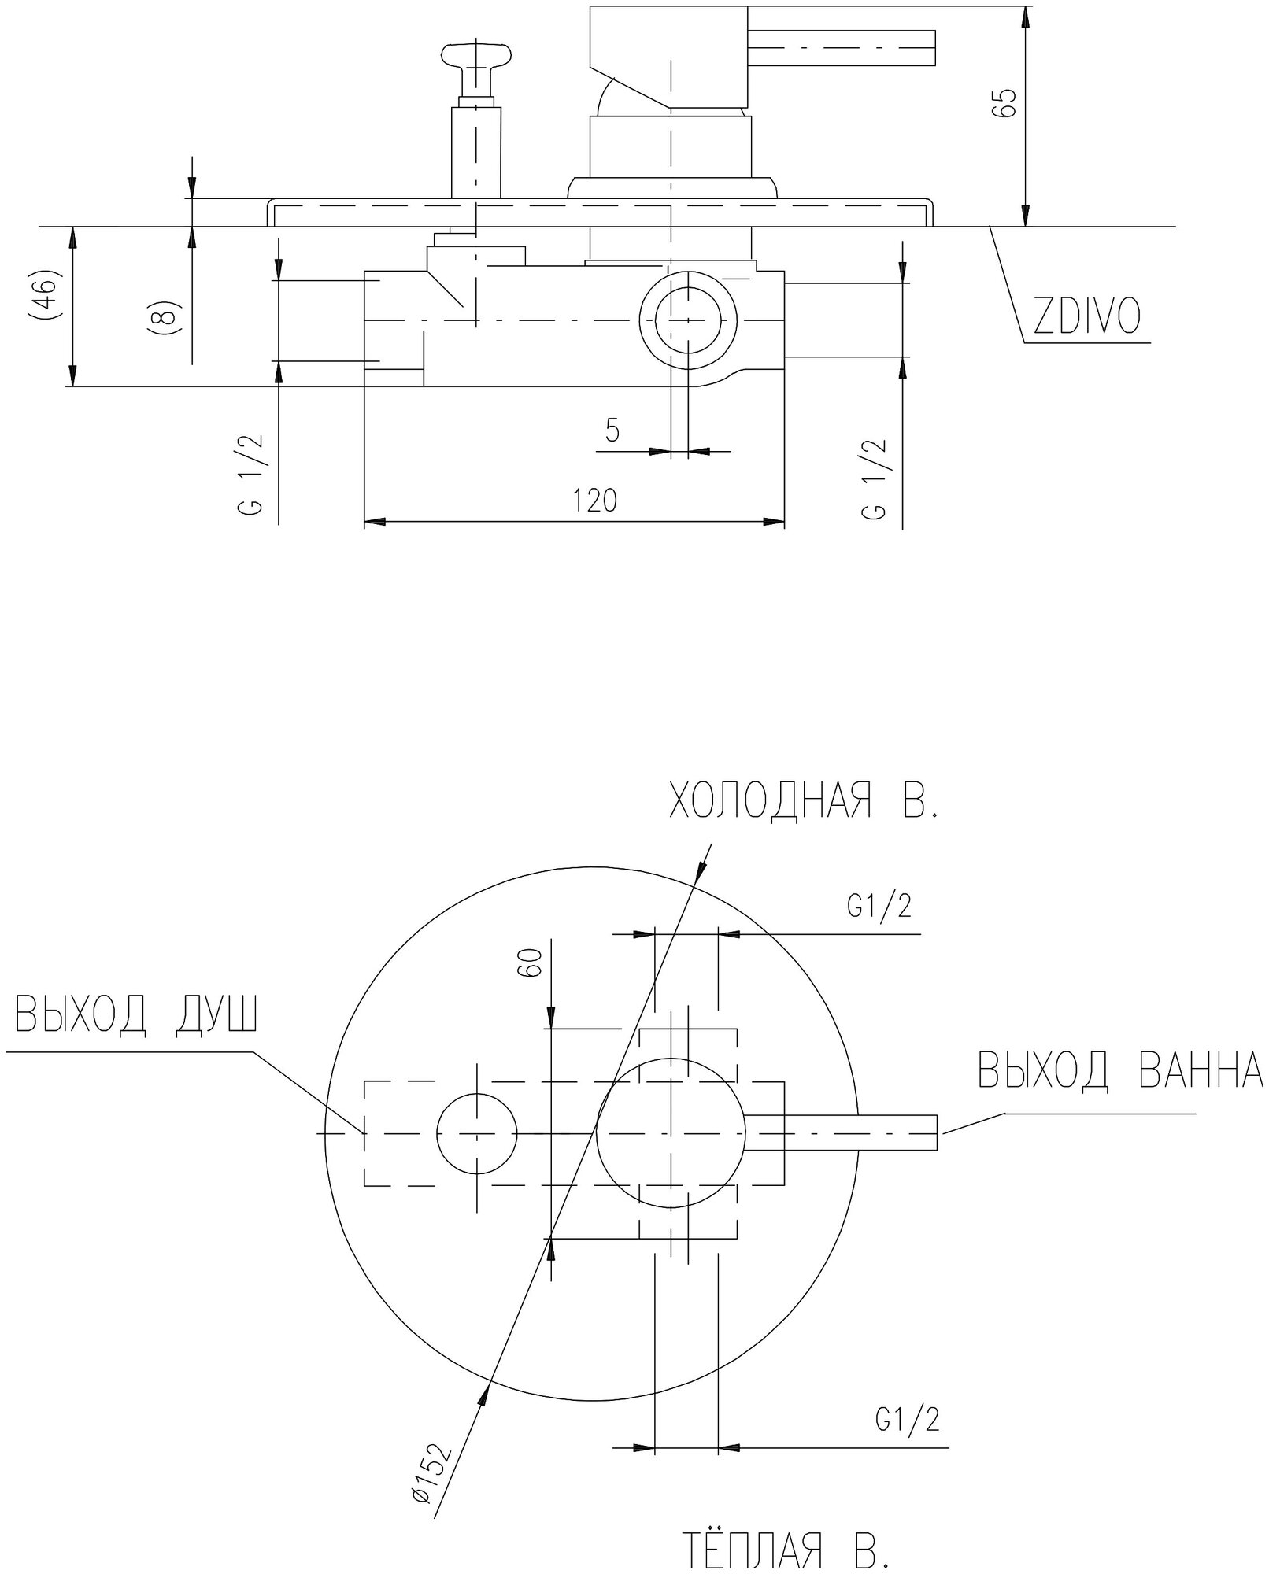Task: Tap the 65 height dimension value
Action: tap(1005, 102)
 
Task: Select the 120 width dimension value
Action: tap(595, 501)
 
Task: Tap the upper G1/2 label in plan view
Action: tap(879, 907)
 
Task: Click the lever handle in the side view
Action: tap(842, 48)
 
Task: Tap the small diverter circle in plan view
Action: tap(477, 1133)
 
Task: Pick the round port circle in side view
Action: tap(689, 320)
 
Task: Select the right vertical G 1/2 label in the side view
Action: tap(875, 478)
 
